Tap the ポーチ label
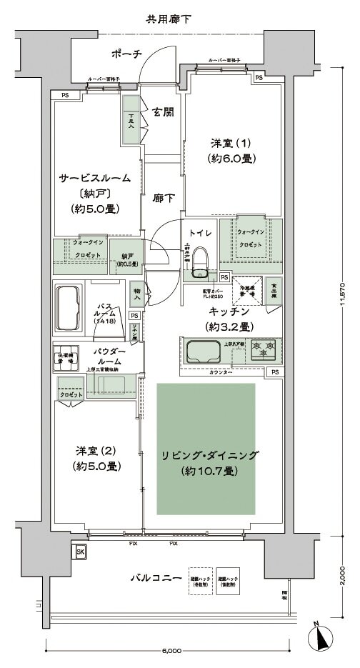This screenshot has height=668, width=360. coord(127,54)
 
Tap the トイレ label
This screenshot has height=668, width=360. coord(200,232)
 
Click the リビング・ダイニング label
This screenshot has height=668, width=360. coord(204,455)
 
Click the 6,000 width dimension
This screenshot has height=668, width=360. coord(171,651)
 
